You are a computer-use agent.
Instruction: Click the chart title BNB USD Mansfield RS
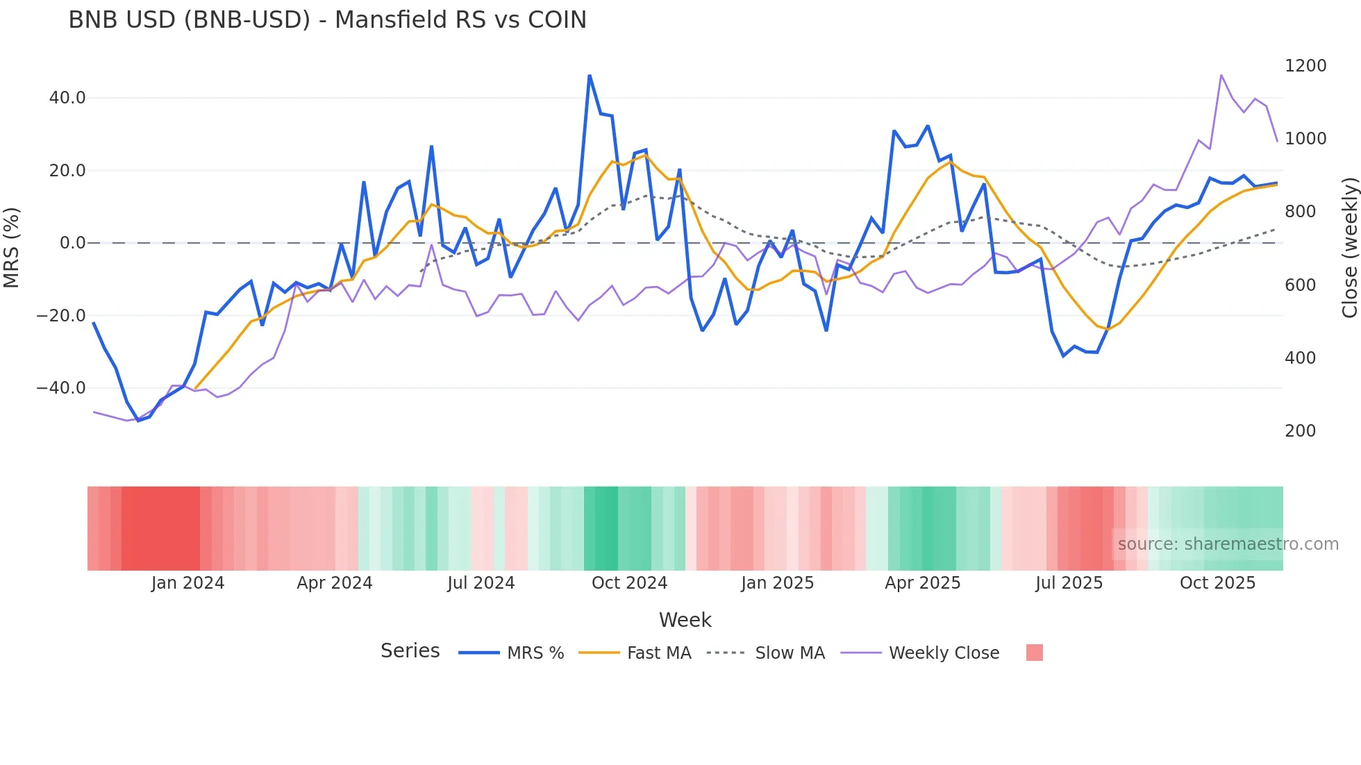click(327, 20)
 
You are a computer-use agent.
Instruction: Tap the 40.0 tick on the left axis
click(67, 98)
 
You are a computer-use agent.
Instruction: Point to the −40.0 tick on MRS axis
click(61, 388)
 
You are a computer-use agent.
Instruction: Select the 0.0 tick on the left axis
click(72, 243)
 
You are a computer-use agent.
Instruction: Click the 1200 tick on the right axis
click(1305, 66)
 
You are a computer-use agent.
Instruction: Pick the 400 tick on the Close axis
click(1301, 358)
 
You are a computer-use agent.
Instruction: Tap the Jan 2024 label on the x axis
click(187, 583)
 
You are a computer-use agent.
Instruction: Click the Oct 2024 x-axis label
click(629, 583)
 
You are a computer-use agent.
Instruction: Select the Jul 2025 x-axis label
click(1069, 583)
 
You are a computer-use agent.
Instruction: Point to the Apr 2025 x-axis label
click(922, 583)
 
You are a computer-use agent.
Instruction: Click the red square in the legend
click(1034, 653)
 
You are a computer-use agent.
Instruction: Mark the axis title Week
click(685, 620)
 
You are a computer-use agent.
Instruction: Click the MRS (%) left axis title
click(11, 247)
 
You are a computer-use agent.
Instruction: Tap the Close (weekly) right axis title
click(1349, 247)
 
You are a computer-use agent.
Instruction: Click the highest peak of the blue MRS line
click(590, 76)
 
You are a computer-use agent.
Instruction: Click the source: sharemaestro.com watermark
click(1228, 544)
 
